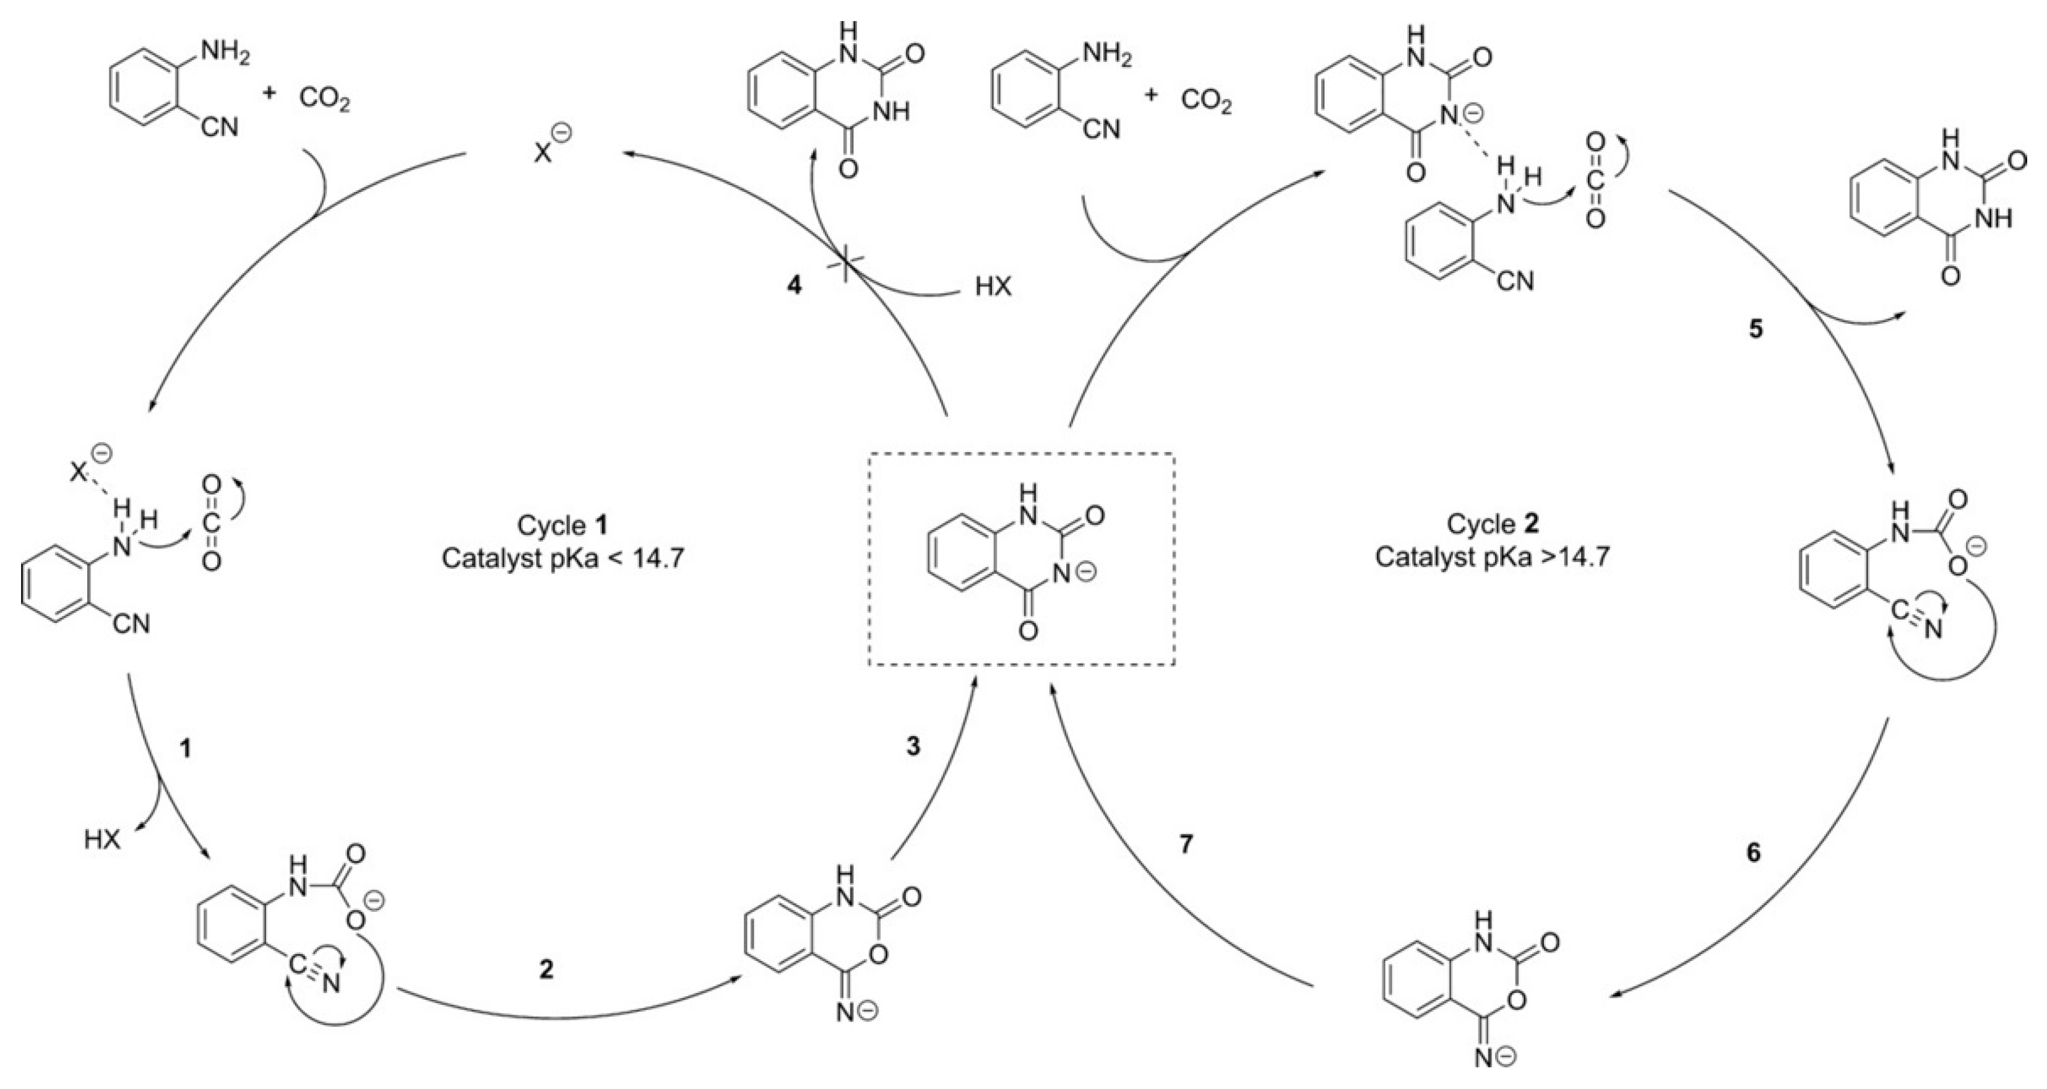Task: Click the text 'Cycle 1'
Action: (562, 526)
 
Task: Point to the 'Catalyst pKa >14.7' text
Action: (1493, 557)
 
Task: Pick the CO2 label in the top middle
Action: (1206, 101)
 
